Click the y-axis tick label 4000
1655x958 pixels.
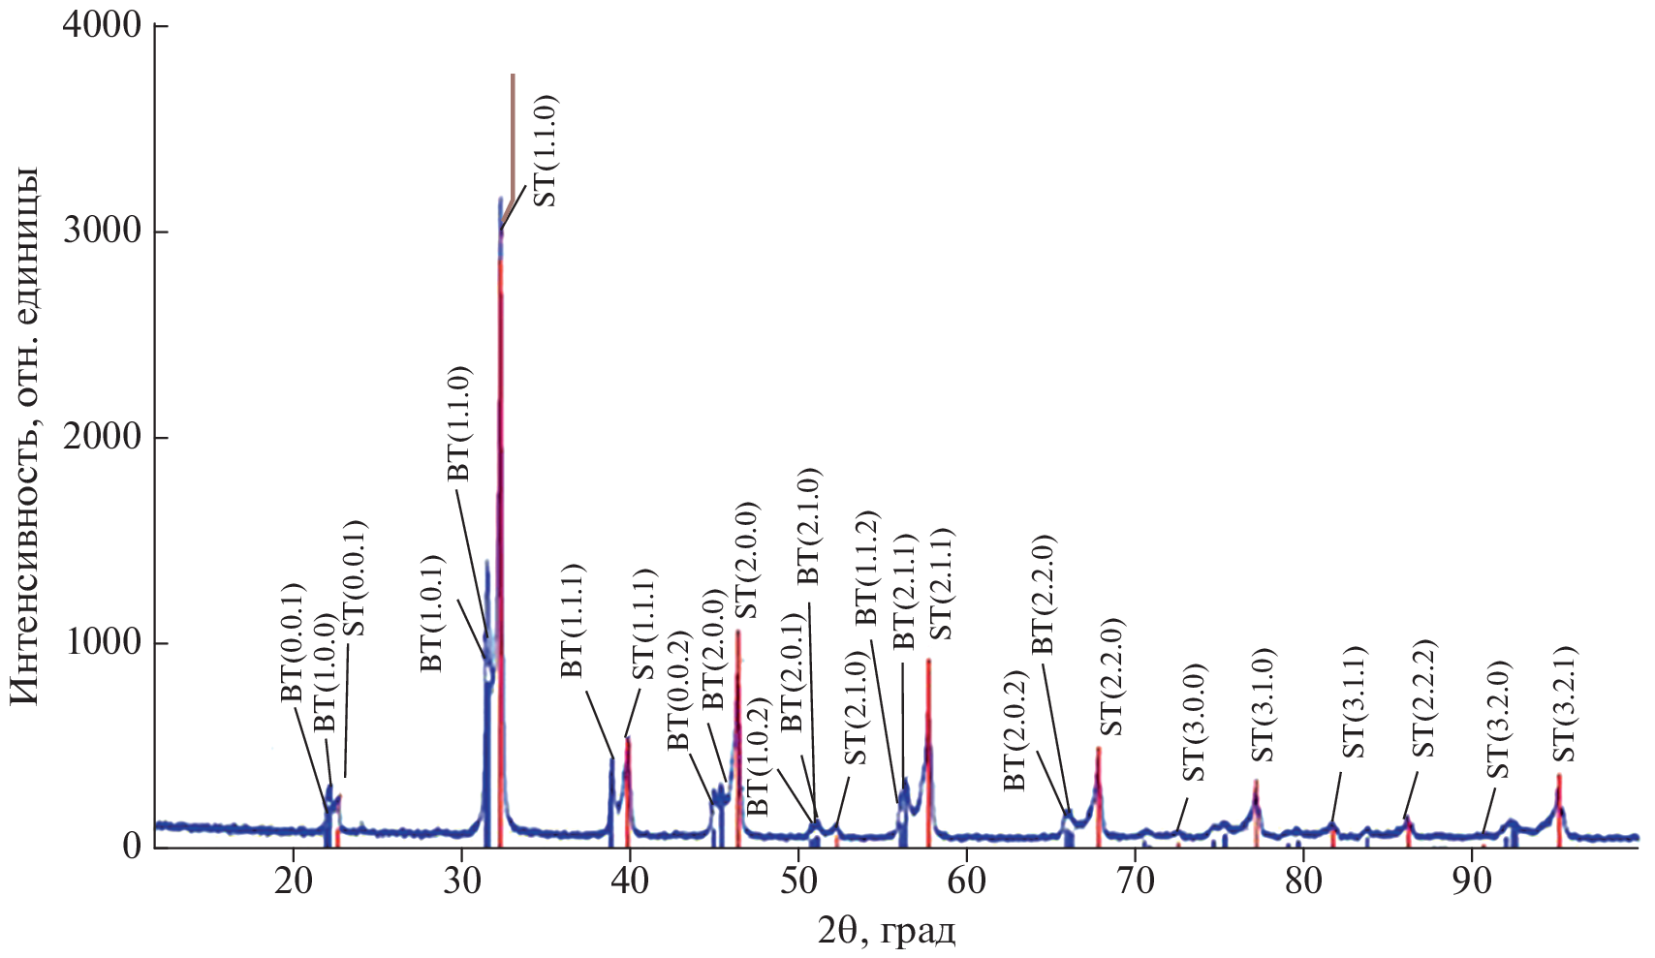(x=101, y=25)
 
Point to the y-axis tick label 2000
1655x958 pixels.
(x=101, y=437)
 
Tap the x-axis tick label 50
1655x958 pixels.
(x=797, y=882)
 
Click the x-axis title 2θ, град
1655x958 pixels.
(x=886, y=933)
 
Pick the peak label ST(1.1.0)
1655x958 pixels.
(x=545, y=150)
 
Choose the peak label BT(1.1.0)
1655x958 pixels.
(x=457, y=422)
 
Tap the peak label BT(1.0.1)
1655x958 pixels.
(x=430, y=613)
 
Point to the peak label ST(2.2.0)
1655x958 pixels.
(x=1112, y=676)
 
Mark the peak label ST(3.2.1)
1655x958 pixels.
(x=1562, y=704)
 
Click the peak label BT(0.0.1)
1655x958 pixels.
(x=292, y=643)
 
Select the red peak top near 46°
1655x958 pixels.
(x=737, y=632)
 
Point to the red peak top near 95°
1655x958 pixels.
(x=1559, y=776)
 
